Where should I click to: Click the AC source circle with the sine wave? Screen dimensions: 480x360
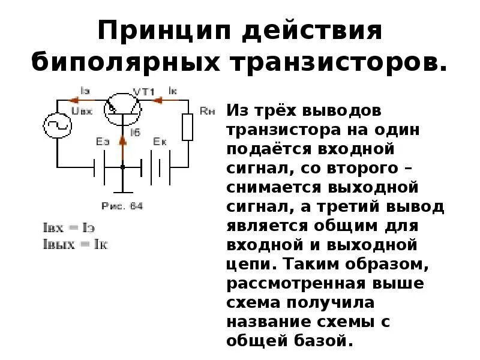pyautogui.click(x=58, y=125)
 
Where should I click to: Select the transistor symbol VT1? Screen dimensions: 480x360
pyautogui.click(x=122, y=108)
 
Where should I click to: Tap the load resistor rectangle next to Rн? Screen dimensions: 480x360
pyautogui.click(x=188, y=127)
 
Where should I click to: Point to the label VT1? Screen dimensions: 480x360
pyautogui.click(x=144, y=92)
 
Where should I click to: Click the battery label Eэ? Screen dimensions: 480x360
pyautogui.click(x=103, y=142)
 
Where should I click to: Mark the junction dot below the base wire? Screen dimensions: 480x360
pyautogui.click(x=122, y=167)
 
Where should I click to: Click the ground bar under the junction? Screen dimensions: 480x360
pyautogui.click(x=122, y=192)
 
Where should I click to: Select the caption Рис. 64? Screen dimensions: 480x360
pyautogui.click(x=122, y=206)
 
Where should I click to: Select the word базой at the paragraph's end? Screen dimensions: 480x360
pyautogui.click(x=319, y=341)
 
